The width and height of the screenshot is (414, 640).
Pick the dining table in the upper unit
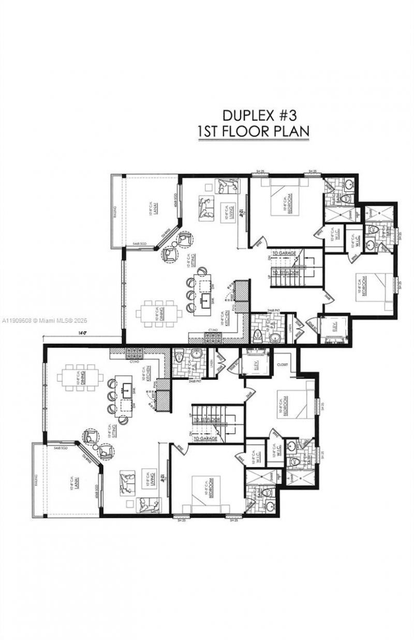tap(160, 312)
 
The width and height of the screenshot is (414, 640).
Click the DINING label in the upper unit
tap(162, 313)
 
